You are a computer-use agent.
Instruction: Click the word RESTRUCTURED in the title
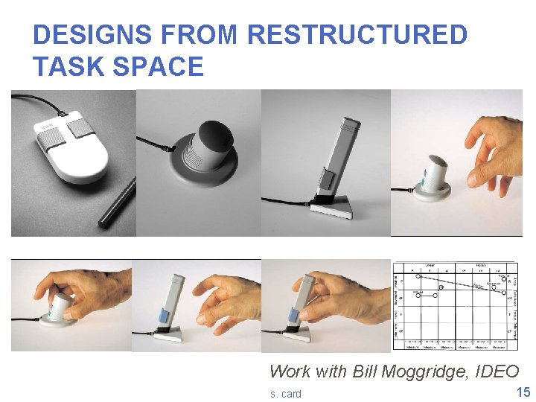357,35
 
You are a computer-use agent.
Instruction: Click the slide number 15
523,392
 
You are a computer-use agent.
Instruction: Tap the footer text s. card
286,394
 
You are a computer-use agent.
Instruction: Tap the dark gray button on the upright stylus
325,179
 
